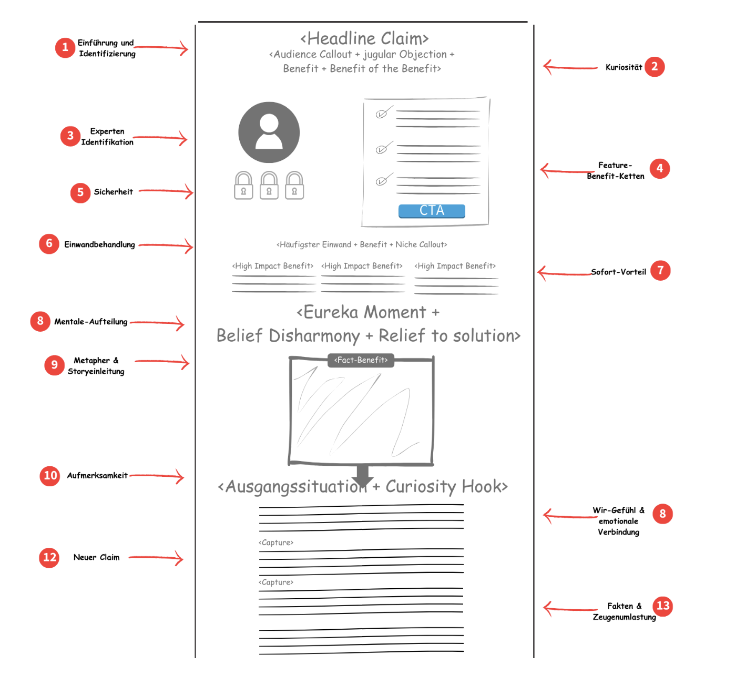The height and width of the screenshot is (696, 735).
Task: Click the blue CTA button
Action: (432, 211)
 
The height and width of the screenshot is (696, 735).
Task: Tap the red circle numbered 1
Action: (65, 48)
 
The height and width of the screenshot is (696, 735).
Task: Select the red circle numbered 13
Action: (663, 606)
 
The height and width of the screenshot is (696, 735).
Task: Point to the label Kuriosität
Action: (624, 67)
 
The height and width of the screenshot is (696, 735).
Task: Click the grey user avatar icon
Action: (269, 132)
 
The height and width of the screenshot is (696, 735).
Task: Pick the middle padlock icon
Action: (269, 186)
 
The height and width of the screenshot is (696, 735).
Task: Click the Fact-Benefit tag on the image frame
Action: (361, 360)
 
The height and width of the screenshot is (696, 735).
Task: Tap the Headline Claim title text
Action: (364, 38)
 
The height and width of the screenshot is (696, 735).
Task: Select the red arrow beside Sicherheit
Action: (166, 191)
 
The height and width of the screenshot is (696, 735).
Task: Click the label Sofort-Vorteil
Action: (618, 272)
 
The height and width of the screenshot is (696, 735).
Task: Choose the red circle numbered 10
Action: (50, 476)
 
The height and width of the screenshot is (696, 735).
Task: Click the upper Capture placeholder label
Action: (276, 543)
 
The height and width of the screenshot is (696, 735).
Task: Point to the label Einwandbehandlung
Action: (99, 244)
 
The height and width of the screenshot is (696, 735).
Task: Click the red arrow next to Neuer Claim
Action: (156, 558)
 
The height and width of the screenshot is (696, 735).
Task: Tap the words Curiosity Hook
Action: (446, 487)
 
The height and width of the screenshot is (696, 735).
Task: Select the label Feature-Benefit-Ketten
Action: (616, 171)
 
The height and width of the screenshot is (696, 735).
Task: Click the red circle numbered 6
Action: (49, 244)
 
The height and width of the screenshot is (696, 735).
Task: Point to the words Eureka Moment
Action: (364, 312)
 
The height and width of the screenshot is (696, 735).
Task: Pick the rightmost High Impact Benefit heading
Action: (455, 266)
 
